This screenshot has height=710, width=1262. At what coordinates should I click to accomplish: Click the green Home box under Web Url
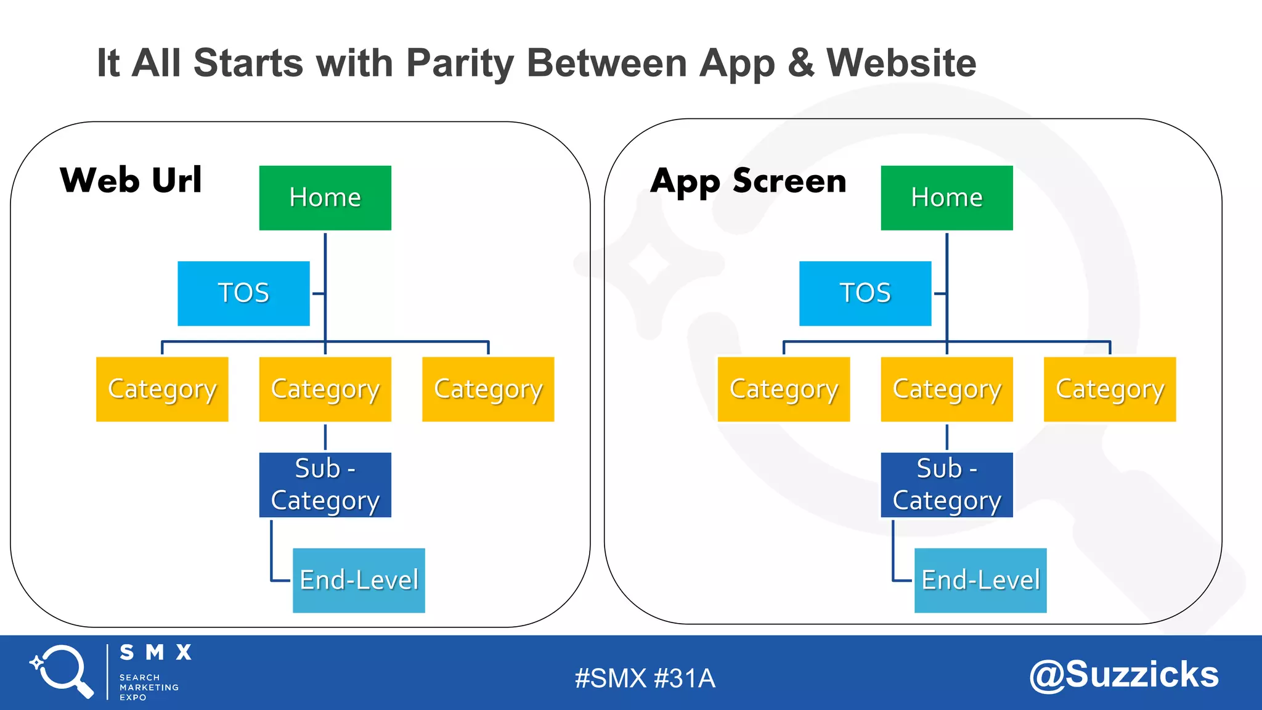point(325,198)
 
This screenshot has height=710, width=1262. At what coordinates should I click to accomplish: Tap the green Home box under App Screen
point(946,198)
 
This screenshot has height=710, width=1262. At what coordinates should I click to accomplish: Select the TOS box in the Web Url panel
point(243,293)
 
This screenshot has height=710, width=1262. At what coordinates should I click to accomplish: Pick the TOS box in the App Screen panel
point(865,293)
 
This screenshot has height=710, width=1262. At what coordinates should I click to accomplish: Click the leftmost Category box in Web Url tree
point(162,389)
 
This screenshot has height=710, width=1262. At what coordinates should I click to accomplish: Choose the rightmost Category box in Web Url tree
point(488,389)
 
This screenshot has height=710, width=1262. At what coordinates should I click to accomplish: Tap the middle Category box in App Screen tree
point(946,389)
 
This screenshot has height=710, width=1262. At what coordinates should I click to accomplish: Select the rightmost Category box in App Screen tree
point(1110,389)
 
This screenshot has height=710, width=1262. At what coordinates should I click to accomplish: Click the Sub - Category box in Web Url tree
point(325,485)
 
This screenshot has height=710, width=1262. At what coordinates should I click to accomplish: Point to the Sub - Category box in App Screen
point(946,485)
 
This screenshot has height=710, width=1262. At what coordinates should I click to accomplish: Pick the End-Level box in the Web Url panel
point(359,581)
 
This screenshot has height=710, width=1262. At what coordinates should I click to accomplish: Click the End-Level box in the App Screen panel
point(980,581)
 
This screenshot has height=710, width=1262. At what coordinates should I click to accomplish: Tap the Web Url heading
point(131,180)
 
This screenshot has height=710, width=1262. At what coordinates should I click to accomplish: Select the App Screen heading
point(748,181)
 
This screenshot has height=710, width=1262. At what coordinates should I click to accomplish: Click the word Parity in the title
point(460,63)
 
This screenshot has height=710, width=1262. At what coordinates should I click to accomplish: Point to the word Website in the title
point(901,63)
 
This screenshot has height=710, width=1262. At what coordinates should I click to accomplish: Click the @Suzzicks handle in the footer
point(1123,674)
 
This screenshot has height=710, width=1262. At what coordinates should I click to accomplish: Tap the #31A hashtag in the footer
point(684,679)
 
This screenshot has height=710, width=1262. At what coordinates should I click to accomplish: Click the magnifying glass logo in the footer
point(62,671)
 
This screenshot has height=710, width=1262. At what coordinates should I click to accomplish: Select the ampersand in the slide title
point(800,63)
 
